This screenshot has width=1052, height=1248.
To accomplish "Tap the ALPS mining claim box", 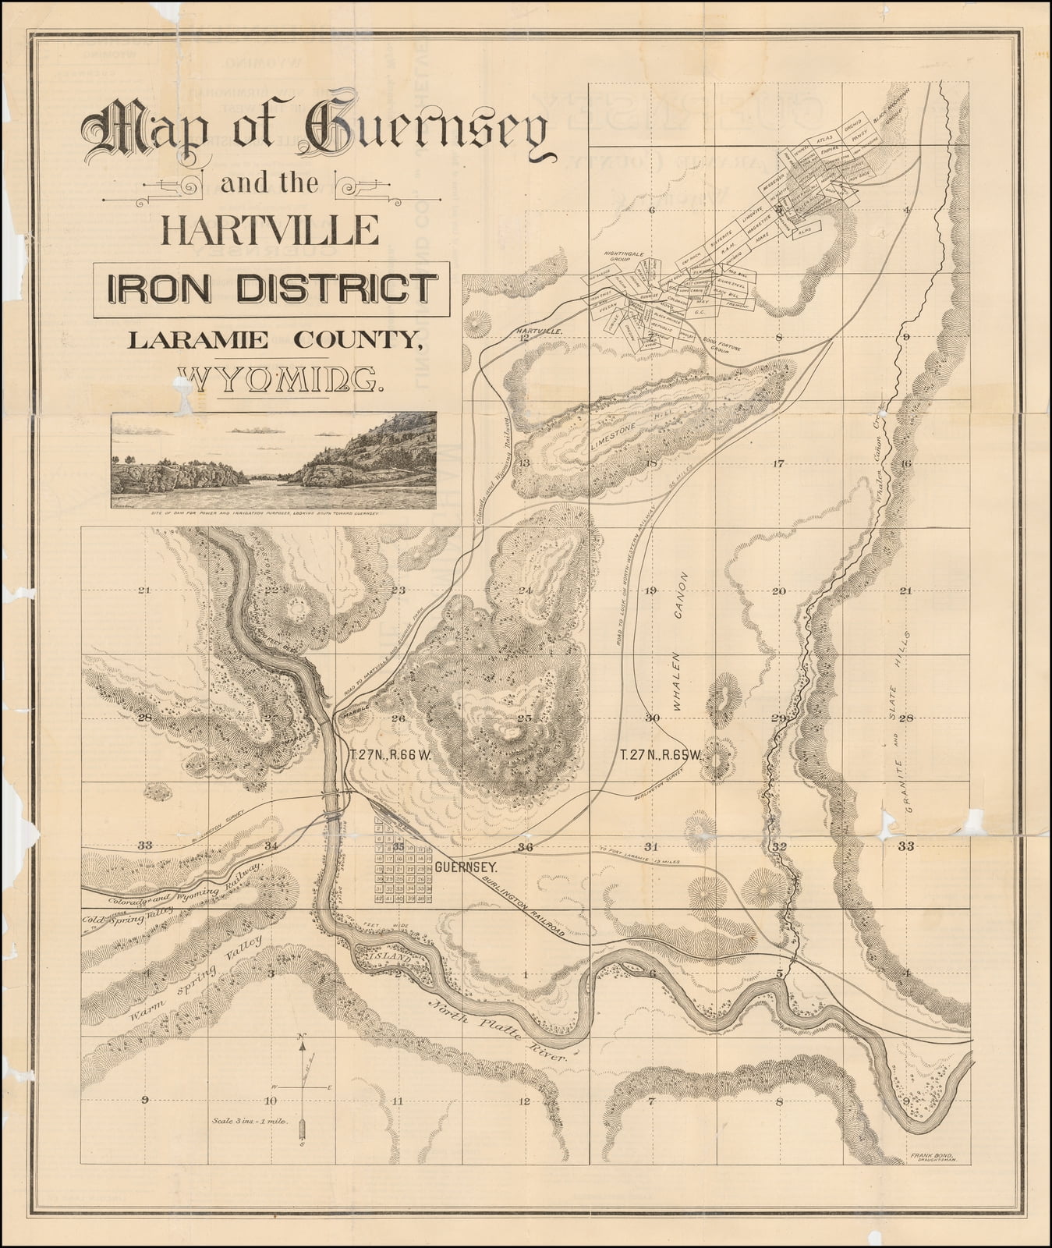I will [805, 230].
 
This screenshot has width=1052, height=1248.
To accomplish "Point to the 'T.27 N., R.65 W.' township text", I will [661, 755].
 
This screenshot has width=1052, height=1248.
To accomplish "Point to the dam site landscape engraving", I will [274, 459].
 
